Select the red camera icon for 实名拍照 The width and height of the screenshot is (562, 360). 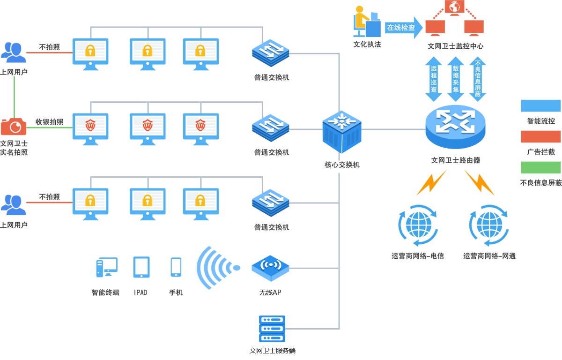point(14,126)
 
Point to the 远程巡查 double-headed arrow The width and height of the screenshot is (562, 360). point(434,79)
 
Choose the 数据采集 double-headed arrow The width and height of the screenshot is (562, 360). point(455,79)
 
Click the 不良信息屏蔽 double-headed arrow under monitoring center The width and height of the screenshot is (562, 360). point(477,79)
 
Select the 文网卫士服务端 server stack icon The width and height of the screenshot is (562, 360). point(272,329)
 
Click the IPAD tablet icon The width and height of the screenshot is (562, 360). point(141,267)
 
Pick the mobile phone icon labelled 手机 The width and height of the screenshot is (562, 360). point(176,267)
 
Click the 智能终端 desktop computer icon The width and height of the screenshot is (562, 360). point(106,268)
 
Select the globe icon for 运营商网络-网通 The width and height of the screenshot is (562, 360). point(489,225)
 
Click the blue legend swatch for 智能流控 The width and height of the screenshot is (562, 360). point(540,106)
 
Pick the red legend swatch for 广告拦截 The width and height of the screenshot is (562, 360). point(540,137)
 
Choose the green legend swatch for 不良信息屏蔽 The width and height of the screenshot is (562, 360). point(540,167)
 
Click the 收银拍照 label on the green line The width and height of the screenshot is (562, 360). point(49,122)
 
